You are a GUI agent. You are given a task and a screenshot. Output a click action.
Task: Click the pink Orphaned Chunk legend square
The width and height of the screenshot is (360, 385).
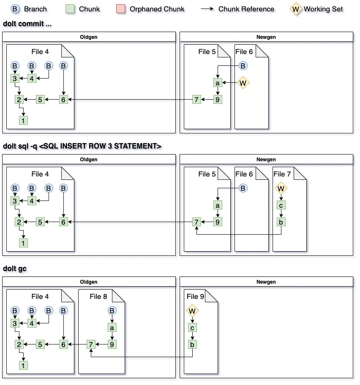(121, 9)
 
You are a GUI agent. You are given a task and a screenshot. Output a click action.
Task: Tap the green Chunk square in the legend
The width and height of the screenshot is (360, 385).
(70, 9)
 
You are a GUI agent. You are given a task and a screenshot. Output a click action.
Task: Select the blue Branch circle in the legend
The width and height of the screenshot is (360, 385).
(15, 9)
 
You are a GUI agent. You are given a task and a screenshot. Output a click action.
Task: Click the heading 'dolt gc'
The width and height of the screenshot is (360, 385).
(15, 268)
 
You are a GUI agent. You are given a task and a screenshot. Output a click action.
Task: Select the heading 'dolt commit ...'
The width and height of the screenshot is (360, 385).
(27, 24)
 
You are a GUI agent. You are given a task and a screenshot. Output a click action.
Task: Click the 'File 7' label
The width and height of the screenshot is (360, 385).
(282, 174)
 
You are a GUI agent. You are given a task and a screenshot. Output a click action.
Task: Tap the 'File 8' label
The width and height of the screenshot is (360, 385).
(98, 296)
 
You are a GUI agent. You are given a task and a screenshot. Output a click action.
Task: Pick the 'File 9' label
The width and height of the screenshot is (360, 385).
(196, 296)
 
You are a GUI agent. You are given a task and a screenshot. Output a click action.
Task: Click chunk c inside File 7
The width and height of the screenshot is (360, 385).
(281, 205)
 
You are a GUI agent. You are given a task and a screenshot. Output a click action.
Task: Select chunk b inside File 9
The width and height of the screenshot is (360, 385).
(192, 344)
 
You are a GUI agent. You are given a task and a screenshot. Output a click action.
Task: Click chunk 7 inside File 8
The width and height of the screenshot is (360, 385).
(91, 344)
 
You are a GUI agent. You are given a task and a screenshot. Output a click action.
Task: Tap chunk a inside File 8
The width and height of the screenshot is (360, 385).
(112, 328)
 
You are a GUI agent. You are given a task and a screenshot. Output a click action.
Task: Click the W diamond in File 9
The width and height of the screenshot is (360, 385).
(192, 311)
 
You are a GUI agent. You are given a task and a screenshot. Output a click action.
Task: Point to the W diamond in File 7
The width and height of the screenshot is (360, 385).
(281, 188)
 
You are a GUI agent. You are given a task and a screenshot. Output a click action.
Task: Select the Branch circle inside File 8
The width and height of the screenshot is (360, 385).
(112, 311)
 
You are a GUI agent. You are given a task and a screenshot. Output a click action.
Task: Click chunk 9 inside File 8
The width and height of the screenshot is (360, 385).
(112, 344)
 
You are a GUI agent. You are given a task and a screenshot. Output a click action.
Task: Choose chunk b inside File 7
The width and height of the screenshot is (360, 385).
(281, 222)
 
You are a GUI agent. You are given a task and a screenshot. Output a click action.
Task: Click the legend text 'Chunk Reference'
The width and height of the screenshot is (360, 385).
(246, 9)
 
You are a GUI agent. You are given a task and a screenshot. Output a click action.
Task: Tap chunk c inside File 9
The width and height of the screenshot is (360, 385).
(192, 328)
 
